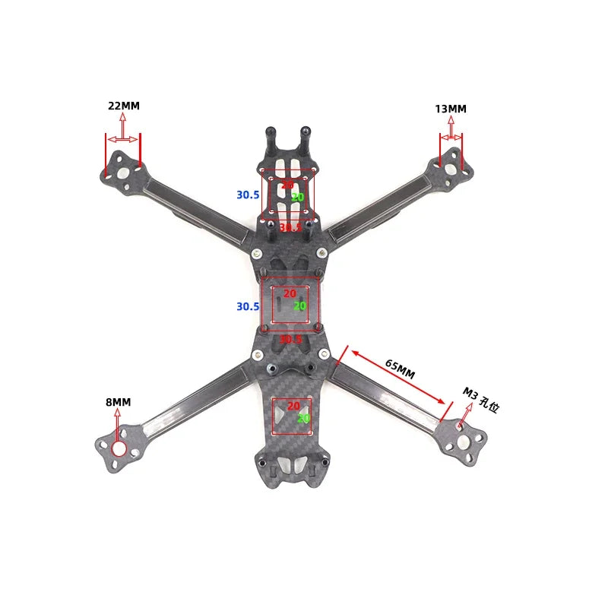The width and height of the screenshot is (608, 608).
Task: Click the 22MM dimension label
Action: tap(124, 106)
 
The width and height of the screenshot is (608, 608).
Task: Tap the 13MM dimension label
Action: tap(451, 109)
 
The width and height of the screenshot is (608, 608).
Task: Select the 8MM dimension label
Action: tap(118, 402)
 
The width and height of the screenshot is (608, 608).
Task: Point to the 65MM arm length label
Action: tap(400, 369)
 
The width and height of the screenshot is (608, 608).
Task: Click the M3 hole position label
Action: tap(480, 400)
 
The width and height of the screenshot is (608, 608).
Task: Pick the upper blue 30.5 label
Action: tap(248, 195)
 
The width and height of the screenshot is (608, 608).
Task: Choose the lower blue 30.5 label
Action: tap(248, 307)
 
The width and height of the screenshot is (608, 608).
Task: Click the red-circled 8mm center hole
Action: tap(119, 448)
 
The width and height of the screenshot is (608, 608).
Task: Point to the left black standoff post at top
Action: tap(269, 140)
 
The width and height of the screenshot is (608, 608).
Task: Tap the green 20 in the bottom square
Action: tap(303, 418)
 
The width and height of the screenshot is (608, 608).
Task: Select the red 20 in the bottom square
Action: tap(293, 407)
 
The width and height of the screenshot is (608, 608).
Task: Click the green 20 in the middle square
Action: tap(299, 306)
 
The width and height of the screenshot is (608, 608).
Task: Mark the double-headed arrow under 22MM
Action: tap(122, 139)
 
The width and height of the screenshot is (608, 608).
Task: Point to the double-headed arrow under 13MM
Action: tap(451, 138)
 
